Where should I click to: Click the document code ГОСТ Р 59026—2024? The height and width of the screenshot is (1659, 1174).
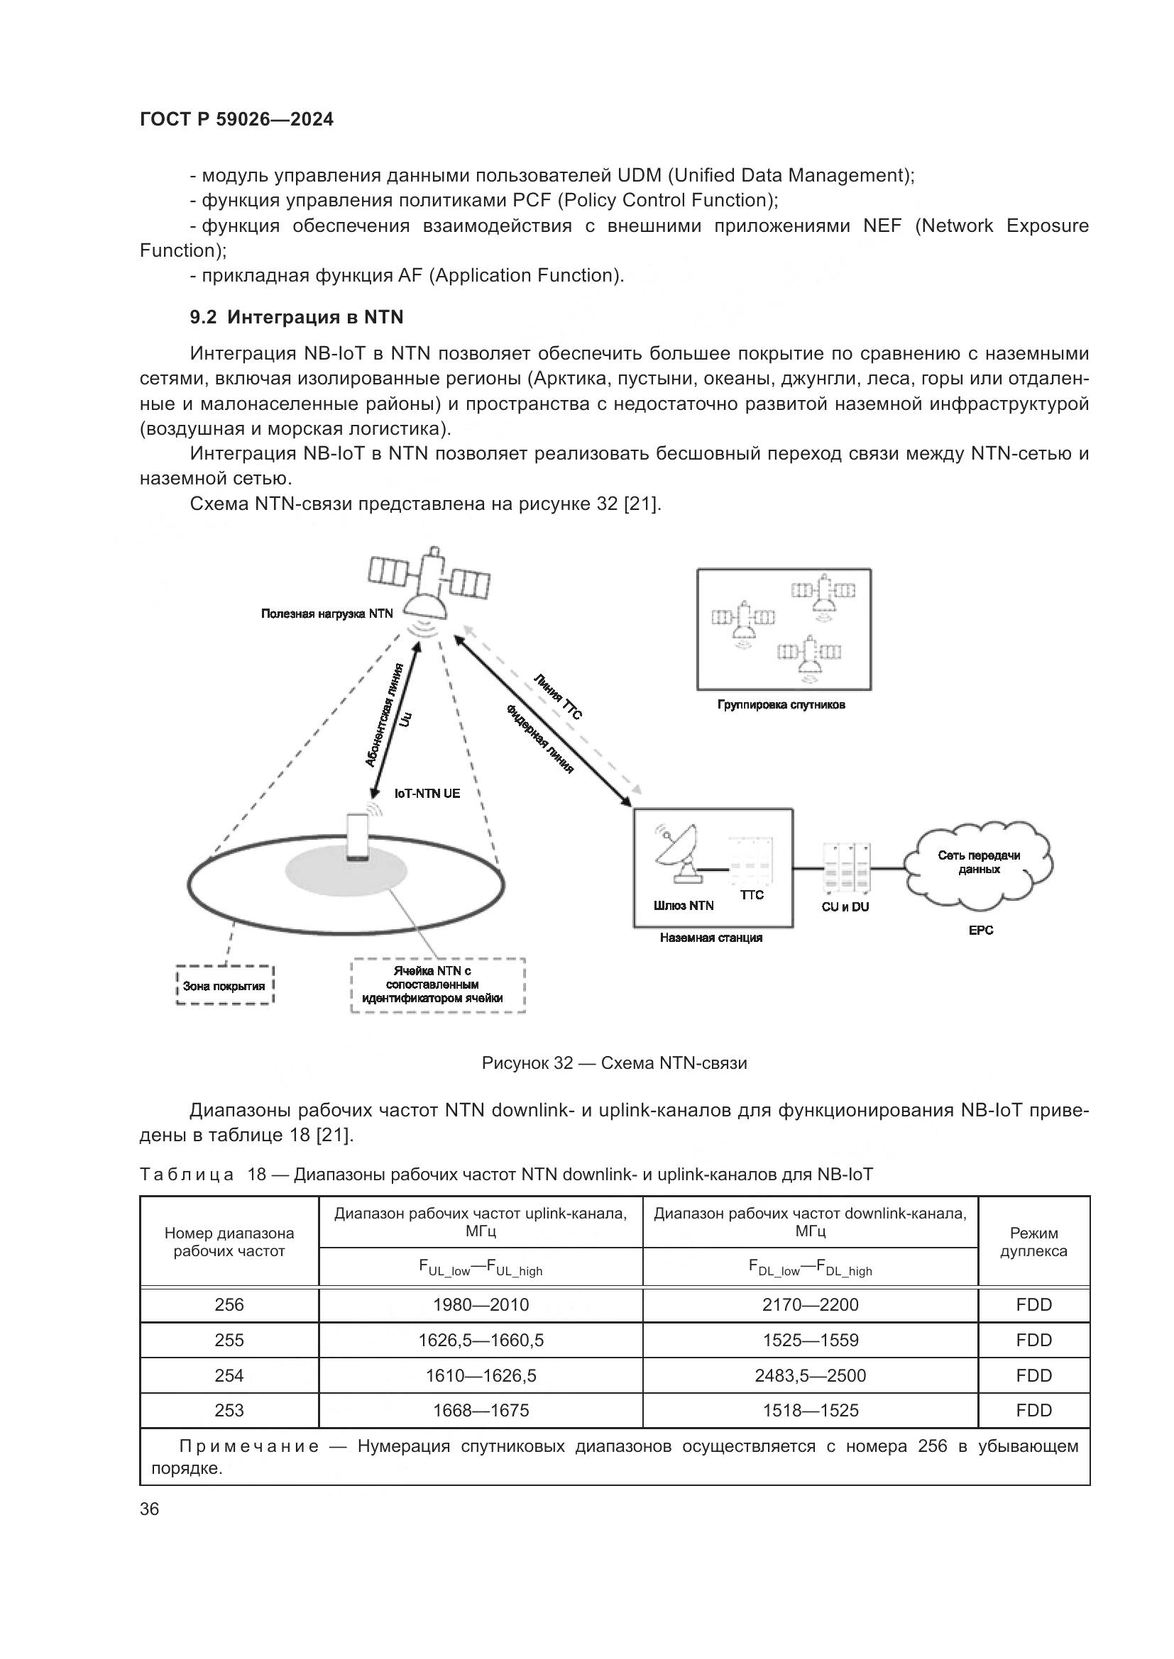pyautogui.click(x=236, y=119)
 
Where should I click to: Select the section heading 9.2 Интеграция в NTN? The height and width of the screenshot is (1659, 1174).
pyautogui.click(x=297, y=317)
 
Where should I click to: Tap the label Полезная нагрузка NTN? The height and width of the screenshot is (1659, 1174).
pyautogui.click(x=327, y=614)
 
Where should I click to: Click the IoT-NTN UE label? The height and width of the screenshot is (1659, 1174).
pyautogui.click(x=427, y=794)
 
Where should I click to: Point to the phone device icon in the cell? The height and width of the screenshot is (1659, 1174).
pyautogui.click(x=358, y=838)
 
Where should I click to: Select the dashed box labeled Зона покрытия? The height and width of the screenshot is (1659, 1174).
pyautogui.click(x=225, y=986)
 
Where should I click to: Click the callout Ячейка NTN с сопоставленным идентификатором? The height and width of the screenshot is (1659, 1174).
pyautogui.click(x=437, y=985)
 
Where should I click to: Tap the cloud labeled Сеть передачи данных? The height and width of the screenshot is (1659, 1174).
pyautogui.click(x=979, y=862)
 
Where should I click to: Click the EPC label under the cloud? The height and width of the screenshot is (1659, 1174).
pyautogui.click(x=980, y=931)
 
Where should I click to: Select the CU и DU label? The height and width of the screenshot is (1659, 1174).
pyautogui.click(x=845, y=907)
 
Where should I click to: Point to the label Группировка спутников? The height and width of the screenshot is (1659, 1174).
pyautogui.click(x=781, y=704)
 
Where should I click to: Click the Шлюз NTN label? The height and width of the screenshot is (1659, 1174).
pyautogui.click(x=683, y=906)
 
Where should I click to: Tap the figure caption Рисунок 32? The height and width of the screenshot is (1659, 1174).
pyautogui.click(x=614, y=1063)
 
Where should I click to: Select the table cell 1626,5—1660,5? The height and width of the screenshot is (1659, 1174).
pyautogui.click(x=481, y=1341)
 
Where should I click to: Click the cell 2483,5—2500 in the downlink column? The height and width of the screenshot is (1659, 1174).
pyautogui.click(x=810, y=1376)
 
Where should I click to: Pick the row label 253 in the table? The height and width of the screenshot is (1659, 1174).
pyautogui.click(x=229, y=1411)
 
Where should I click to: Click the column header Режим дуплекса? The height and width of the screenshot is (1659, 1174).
pyautogui.click(x=1033, y=1241)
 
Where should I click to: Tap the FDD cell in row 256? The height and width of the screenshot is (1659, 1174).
pyautogui.click(x=1033, y=1305)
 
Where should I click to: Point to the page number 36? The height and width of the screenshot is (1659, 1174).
pyautogui.click(x=150, y=1509)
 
